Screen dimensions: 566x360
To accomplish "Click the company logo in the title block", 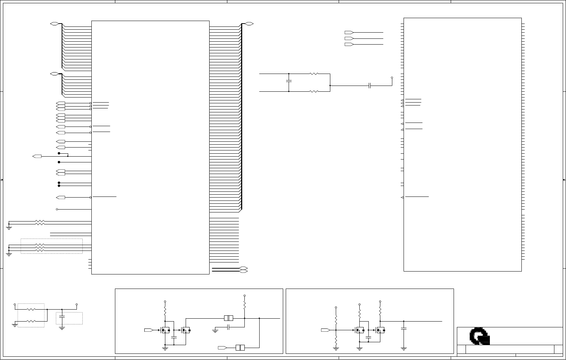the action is pyautogui.click(x=479, y=336).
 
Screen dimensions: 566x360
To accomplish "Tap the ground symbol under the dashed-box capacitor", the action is pyautogui.click(x=62, y=328).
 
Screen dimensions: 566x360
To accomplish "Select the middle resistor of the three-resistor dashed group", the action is pyautogui.click(x=40, y=248).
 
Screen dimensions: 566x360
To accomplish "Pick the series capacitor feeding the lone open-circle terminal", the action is pyautogui.click(x=369, y=86).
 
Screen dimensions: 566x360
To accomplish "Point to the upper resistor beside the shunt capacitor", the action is pyautogui.click(x=314, y=74).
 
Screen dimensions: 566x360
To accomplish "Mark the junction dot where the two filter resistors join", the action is pyautogui.click(x=330, y=86).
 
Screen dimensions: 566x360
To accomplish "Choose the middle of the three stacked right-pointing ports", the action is pyautogui.click(x=349, y=38).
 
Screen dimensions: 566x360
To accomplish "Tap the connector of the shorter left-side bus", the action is pyautogui.click(x=54, y=74).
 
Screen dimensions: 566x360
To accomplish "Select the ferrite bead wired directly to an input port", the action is pyautogui.click(x=240, y=348).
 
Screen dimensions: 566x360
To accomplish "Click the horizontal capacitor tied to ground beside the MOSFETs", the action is pyautogui.click(x=228, y=327).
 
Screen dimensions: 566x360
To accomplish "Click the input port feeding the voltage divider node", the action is pyautogui.click(x=325, y=330).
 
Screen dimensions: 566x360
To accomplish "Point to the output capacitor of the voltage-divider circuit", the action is pyautogui.click(x=404, y=328).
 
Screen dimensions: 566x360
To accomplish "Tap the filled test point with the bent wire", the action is pyautogui.click(x=59, y=153).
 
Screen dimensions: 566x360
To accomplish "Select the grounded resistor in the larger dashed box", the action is pyautogui.click(x=31, y=321).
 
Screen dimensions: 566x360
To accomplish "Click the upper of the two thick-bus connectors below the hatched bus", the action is pyautogui.click(x=243, y=268).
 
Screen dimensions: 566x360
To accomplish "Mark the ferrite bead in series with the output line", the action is pyautogui.click(x=228, y=318).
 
